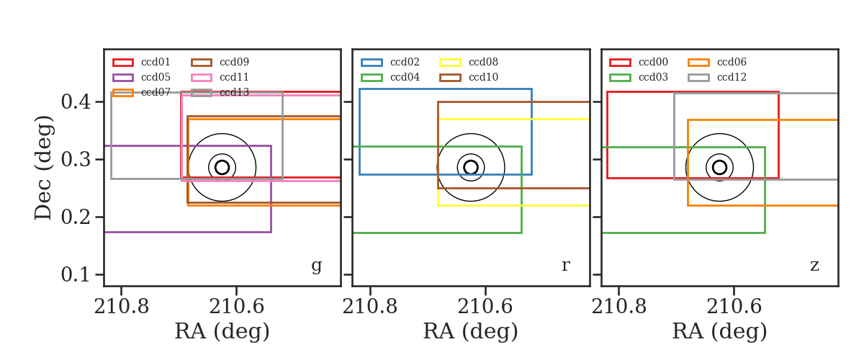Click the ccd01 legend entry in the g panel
coord(156,62)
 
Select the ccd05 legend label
coord(156,77)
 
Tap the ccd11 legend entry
coord(234,77)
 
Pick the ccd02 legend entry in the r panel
coord(405,62)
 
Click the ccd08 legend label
coord(483,62)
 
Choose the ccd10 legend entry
coord(483,77)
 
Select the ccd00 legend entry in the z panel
coord(653,62)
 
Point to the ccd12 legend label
coord(732,77)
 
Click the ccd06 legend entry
coord(732,62)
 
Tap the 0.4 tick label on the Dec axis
coord(76,102)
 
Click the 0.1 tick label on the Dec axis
coord(76,275)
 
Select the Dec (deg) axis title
coord(42,168)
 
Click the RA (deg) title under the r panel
coord(471,331)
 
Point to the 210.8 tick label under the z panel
coord(618,307)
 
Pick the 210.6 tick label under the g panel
coord(236,307)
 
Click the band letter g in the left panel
coord(316,266)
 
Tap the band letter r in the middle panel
coord(565,265)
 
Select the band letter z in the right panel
coord(814,265)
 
